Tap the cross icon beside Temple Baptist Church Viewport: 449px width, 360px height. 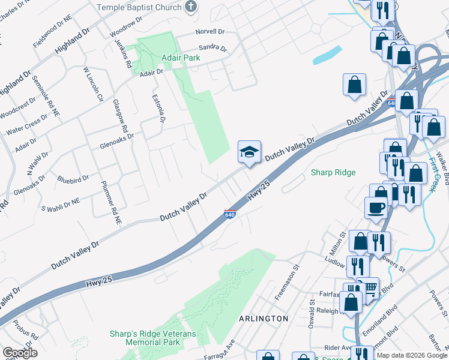coord(191,7)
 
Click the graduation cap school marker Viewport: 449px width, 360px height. coord(249,152)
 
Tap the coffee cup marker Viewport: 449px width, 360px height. coord(376,208)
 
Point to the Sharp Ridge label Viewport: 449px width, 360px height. coord(333,173)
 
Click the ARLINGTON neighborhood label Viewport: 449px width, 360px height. coord(265,318)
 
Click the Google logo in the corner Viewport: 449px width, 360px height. coord(20,352)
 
